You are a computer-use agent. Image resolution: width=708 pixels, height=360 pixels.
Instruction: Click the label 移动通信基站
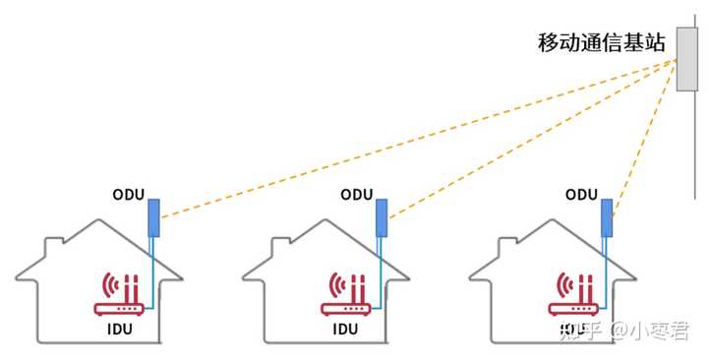(601, 43)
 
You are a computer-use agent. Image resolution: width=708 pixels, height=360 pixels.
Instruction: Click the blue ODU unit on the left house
(154, 217)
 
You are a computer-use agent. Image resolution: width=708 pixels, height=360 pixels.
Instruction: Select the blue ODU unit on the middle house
(382, 217)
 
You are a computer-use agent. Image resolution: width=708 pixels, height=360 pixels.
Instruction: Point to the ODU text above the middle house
(357, 195)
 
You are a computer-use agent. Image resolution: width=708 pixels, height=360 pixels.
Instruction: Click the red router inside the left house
(120, 294)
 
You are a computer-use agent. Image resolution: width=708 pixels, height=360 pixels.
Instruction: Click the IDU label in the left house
(120, 329)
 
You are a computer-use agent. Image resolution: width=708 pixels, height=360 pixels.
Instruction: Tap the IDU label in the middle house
(346, 329)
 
